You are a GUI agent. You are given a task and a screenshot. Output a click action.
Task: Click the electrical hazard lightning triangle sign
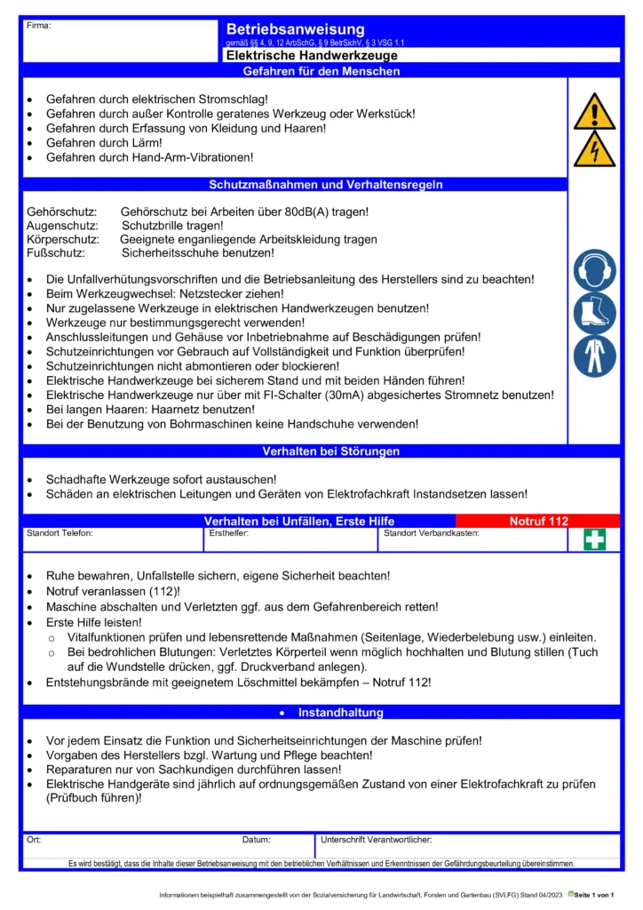(x=594, y=150)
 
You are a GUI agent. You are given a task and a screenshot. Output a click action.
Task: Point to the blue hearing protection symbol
(x=594, y=270)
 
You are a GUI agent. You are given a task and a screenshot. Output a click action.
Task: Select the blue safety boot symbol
(x=594, y=313)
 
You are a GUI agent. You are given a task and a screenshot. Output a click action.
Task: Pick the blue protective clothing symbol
(x=594, y=355)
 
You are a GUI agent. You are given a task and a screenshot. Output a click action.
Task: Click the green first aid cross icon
(x=595, y=539)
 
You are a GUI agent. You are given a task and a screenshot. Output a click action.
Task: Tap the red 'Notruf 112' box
(x=538, y=521)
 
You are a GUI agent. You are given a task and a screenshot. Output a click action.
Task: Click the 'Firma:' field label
(x=39, y=26)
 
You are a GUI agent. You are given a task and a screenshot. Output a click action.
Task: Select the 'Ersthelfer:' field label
(x=228, y=534)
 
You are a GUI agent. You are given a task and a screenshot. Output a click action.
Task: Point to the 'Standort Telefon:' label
(x=60, y=534)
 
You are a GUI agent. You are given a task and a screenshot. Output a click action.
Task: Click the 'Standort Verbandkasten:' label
(x=432, y=534)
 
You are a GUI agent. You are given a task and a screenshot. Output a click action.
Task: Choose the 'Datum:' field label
(x=256, y=839)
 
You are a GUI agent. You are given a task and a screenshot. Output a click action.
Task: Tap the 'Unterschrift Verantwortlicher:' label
(x=376, y=839)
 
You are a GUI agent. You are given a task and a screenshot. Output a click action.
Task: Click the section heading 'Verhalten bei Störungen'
(x=330, y=451)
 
